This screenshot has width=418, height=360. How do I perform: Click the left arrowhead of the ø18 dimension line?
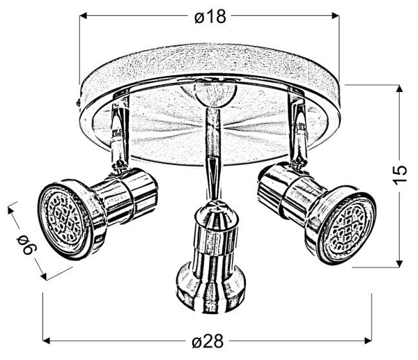click(84, 16)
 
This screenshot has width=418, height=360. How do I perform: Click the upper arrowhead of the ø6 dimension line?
click(11, 208)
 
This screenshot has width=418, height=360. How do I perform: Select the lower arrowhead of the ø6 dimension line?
click(45, 276)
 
